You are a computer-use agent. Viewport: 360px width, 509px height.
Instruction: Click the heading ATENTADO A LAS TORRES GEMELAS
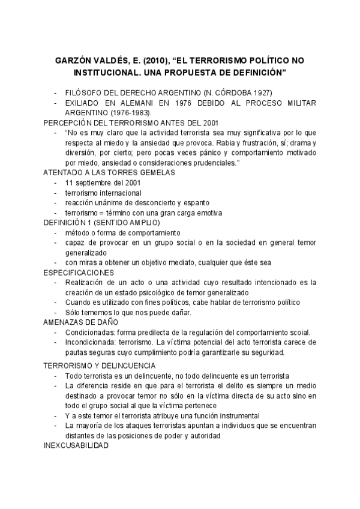click(109, 172)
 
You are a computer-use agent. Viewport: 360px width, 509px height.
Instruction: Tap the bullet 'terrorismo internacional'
click(103, 193)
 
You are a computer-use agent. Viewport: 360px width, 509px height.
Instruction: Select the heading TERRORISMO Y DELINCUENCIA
click(100, 366)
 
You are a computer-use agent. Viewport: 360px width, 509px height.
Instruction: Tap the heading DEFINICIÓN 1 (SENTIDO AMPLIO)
click(101, 222)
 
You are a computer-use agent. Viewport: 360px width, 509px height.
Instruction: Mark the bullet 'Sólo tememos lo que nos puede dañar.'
click(128, 312)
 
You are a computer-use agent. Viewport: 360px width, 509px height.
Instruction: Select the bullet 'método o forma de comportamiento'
click(123, 232)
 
